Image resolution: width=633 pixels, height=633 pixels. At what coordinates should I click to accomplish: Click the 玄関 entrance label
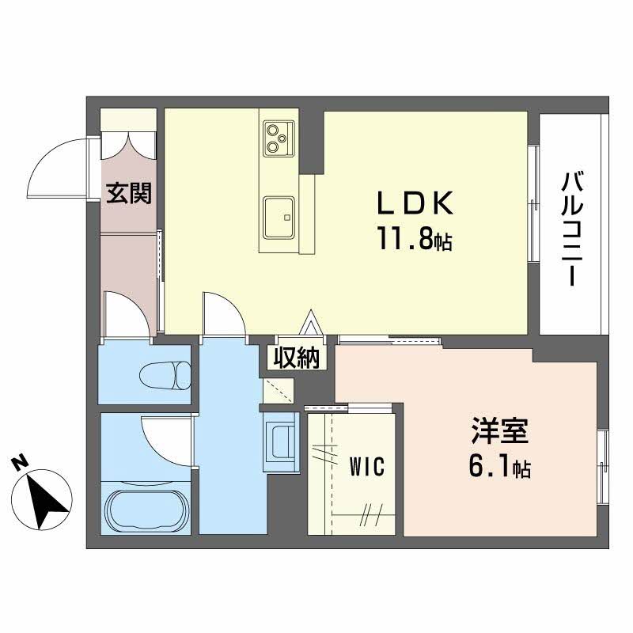click(x=130, y=193)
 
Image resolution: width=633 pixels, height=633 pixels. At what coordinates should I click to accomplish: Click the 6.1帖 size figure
click(x=498, y=468)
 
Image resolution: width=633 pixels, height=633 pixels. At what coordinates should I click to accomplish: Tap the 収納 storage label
click(x=297, y=358)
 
